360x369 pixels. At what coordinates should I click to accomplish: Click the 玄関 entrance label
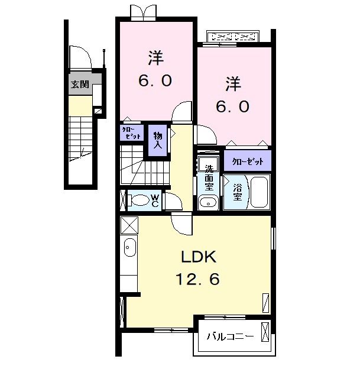point(80,85)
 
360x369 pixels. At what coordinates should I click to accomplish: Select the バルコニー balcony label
point(230,337)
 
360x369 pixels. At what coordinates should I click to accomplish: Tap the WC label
point(154,200)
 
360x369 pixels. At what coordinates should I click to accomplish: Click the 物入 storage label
point(158,140)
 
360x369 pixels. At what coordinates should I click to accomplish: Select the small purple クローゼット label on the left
point(131,132)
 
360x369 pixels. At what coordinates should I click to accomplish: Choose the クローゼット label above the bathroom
point(247,161)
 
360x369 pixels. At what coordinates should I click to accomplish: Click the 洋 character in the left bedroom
point(155,59)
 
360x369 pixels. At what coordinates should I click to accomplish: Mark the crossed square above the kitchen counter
point(129,225)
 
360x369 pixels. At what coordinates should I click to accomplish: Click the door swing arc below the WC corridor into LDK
point(180,224)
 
